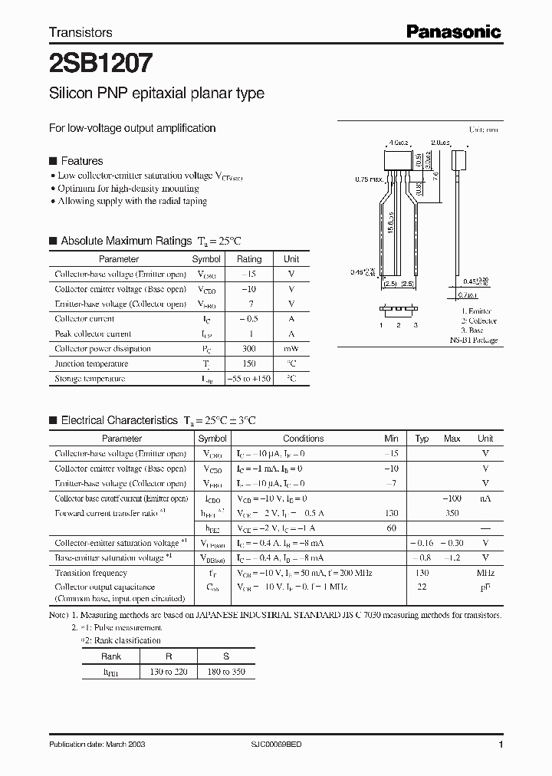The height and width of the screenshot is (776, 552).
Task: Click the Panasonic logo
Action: tap(453, 31)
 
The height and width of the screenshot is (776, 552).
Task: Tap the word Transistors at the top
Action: tap(80, 32)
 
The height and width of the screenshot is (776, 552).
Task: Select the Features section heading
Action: tap(81, 161)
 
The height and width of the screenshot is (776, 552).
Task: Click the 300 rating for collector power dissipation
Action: tap(248, 349)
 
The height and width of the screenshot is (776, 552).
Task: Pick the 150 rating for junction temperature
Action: tap(248, 363)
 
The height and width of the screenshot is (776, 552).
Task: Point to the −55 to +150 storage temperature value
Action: tap(248, 379)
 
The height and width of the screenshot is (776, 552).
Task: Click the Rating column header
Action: tap(248, 259)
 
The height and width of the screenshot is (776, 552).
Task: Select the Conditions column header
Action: tap(303, 439)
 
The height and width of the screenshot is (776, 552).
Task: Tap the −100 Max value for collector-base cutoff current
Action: tap(452, 498)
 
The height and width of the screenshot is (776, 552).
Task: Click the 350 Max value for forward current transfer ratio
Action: tap(452, 513)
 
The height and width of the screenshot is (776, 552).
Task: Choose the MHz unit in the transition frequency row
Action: tap(485, 573)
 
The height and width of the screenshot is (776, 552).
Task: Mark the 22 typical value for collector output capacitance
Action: tap(422, 587)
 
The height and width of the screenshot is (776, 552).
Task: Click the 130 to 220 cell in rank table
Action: tap(168, 672)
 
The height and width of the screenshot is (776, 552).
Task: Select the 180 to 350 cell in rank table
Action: tap(227, 672)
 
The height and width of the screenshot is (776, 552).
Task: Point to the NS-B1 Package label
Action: tap(473, 340)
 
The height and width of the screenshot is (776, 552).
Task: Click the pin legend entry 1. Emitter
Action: tap(478, 311)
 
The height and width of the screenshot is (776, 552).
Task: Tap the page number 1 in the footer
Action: tap(501, 745)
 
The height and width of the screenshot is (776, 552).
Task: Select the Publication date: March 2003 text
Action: tap(97, 745)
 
